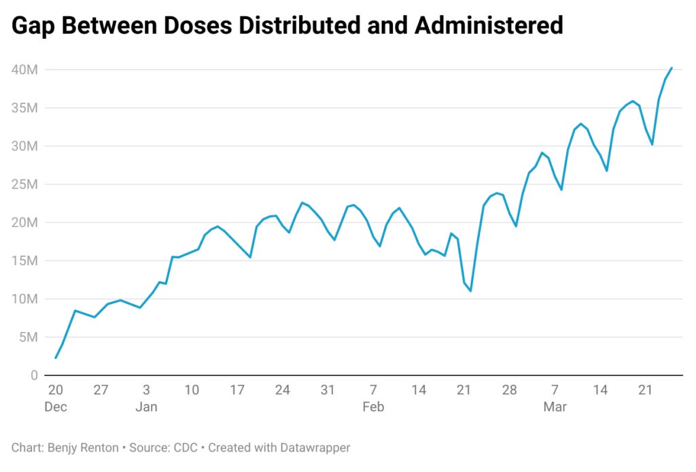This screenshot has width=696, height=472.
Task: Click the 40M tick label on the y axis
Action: [25, 70]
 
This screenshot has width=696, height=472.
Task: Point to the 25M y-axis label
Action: [25, 184]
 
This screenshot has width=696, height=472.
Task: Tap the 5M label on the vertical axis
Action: [29, 337]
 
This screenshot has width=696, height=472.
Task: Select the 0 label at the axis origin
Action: [34, 375]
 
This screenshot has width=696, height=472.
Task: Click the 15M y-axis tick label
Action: [25, 260]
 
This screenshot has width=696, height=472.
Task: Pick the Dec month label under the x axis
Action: [56, 407]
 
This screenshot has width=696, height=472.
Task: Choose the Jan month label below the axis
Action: [147, 407]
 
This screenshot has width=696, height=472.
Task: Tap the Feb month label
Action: [373, 407]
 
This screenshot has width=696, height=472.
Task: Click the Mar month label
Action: [555, 407]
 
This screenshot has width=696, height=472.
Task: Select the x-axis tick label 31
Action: [328, 390]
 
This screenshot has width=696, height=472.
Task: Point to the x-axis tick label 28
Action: [510, 390]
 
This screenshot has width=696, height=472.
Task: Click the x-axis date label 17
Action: [237, 390]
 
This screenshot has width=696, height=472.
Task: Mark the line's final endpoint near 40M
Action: [672, 68]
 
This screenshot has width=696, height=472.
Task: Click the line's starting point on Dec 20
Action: [56, 358]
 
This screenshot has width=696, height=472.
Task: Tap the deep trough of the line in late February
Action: [470, 291]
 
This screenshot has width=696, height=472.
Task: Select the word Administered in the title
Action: [489, 25]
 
